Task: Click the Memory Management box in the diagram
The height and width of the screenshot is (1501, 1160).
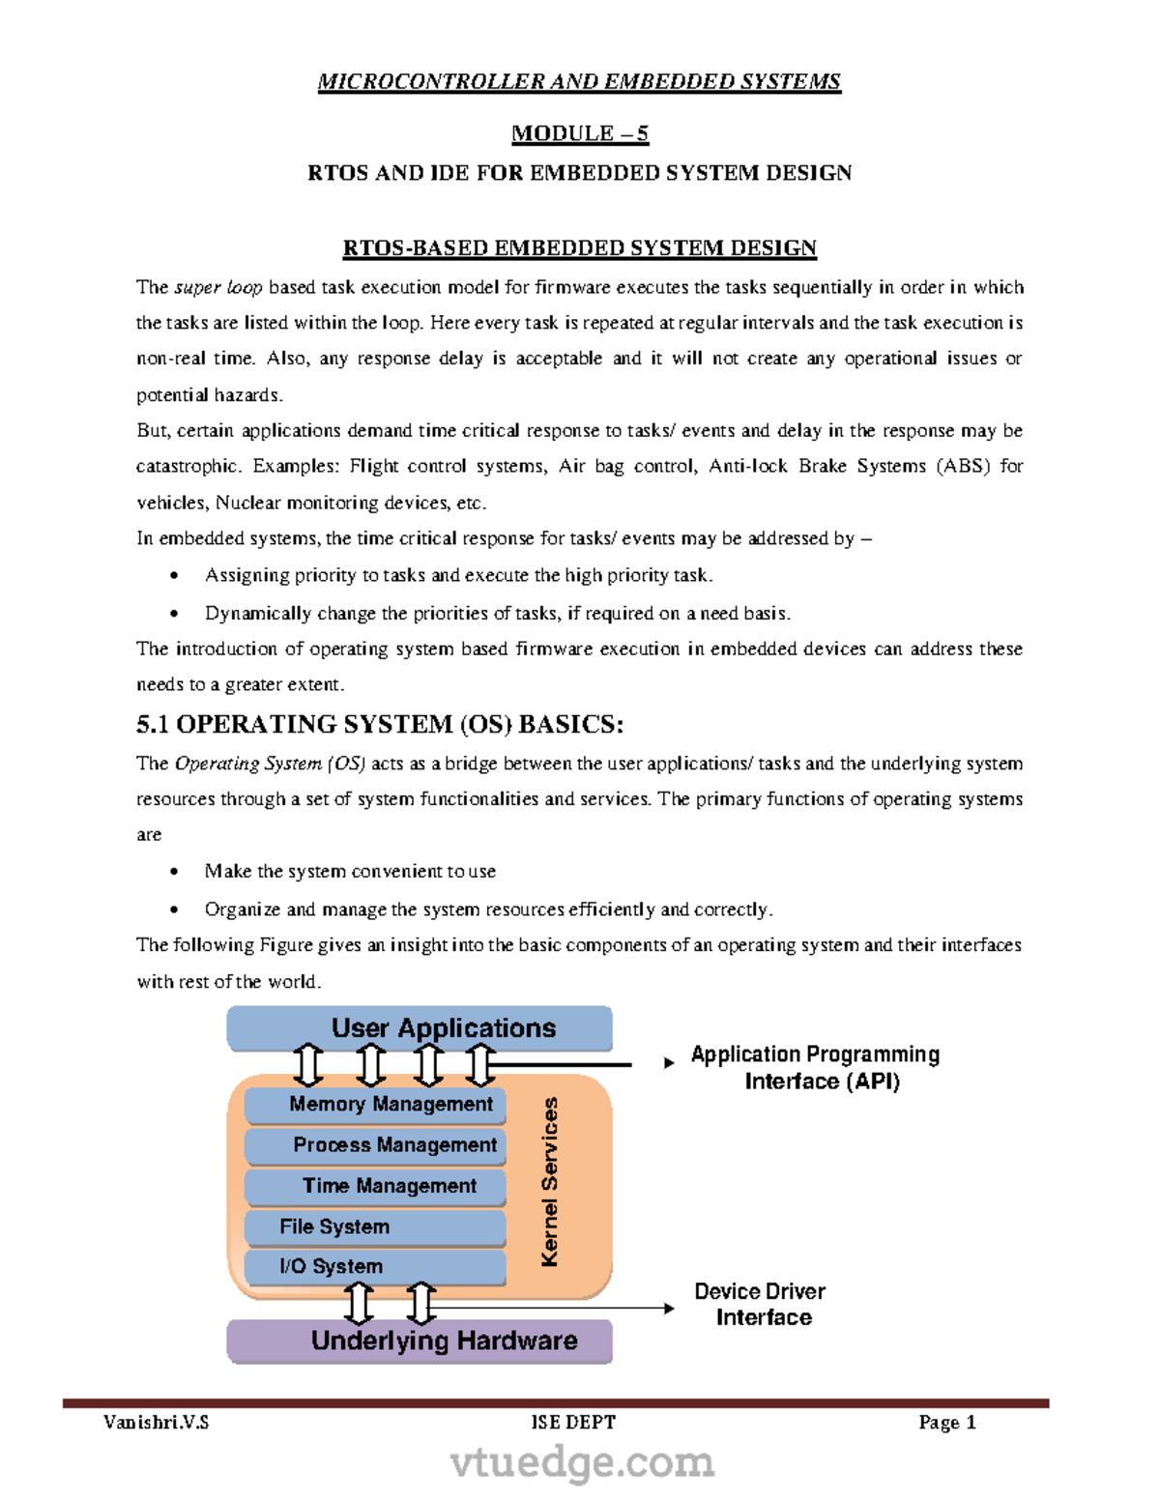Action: [x=375, y=1105]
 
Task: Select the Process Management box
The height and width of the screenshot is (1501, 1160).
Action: [x=375, y=1145]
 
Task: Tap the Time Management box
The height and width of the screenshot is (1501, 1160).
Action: [x=375, y=1186]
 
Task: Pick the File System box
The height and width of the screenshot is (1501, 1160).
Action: [x=375, y=1227]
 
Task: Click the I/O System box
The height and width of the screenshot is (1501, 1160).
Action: [x=375, y=1266]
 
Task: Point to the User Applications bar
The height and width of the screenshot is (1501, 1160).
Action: [x=420, y=1027]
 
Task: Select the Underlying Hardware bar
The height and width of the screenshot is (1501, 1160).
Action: [x=420, y=1341]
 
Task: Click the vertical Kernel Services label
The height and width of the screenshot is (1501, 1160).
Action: [x=550, y=1181]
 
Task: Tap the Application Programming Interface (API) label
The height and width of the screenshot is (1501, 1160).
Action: [x=815, y=1067]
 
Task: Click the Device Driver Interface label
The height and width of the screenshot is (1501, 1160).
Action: [x=761, y=1304]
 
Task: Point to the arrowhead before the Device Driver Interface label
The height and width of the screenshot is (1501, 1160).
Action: [x=669, y=1309]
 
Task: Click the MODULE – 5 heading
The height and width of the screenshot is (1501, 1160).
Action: [x=579, y=133]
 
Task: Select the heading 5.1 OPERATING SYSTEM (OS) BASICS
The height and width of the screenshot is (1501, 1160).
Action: [x=380, y=724]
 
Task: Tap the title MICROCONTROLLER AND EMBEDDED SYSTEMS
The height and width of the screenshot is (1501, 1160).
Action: [x=579, y=81]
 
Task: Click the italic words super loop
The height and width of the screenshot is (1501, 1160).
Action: [x=218, y=287]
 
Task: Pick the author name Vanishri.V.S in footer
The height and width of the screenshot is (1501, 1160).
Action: [x=156, y=1422]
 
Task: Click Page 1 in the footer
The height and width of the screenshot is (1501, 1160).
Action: [x=946, y=1422]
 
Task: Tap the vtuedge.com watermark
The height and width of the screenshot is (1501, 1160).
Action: [x=582, y=1462]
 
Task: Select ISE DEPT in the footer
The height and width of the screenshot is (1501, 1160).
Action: [x=573, y=1422]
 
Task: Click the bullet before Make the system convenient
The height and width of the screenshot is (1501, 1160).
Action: [x=174, y=872]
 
